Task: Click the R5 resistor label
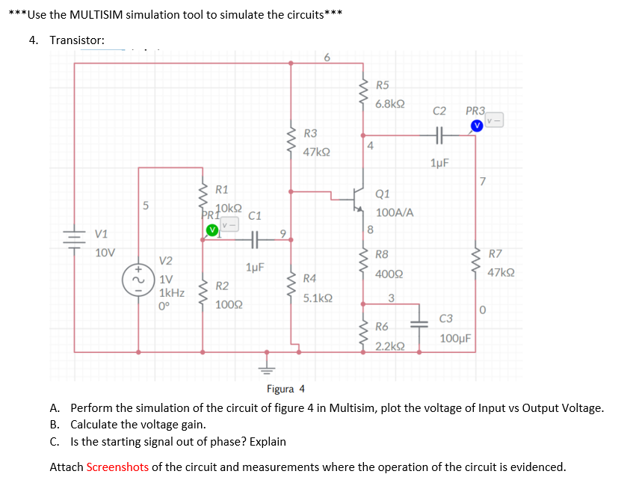click(382, 86)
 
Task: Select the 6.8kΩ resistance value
click(390, 105)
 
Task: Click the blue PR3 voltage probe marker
click(476, 124)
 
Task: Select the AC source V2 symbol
click(139, 278)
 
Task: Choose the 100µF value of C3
click(455, 339)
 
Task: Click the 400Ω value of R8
click(388, 274)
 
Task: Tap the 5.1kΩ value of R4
click(318, 298)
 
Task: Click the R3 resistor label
click(311, 133)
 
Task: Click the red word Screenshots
click(117, 467)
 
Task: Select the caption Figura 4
click(285, 389)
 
